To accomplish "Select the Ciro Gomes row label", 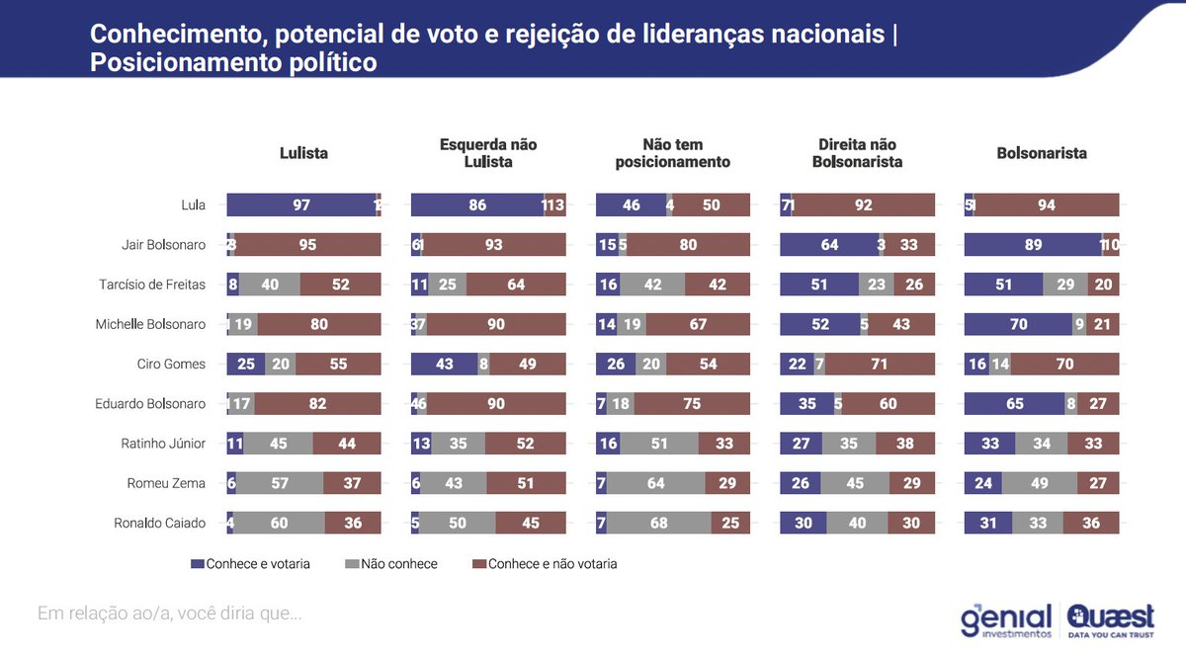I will click(x=172, y=364).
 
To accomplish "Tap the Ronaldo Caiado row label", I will click(x=160, y=523).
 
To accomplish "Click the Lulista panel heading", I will click(x=303, y=153).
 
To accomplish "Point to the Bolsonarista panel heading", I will click(x=1042, y=153).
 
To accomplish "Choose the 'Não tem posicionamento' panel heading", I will click(x=672, y=153).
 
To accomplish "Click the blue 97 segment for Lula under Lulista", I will click(x=301, y=205).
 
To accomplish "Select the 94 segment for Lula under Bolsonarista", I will click(x=1047, y=205).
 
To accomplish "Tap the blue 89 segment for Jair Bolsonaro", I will click(x=1033, y=244).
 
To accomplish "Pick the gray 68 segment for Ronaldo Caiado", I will click(x=658, y=523).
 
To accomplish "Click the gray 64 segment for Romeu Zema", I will click(x=656, y=483).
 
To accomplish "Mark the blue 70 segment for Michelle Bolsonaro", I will click(x=1018, y=324).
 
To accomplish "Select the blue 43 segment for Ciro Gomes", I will click(x=444, y=364).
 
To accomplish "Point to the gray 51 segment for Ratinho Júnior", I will click(x=658, y=444).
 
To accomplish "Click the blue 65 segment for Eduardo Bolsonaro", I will click(x=1014, y=403).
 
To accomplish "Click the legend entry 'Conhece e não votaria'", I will click(x=545, y=564).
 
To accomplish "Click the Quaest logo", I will click(x=1111, y=620).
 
